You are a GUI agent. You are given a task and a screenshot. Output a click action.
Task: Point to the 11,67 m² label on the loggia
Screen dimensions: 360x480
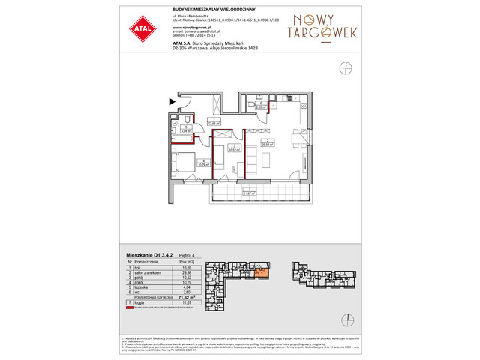pos(249,193)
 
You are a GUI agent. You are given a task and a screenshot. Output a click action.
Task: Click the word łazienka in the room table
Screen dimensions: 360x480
pos(141,286)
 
